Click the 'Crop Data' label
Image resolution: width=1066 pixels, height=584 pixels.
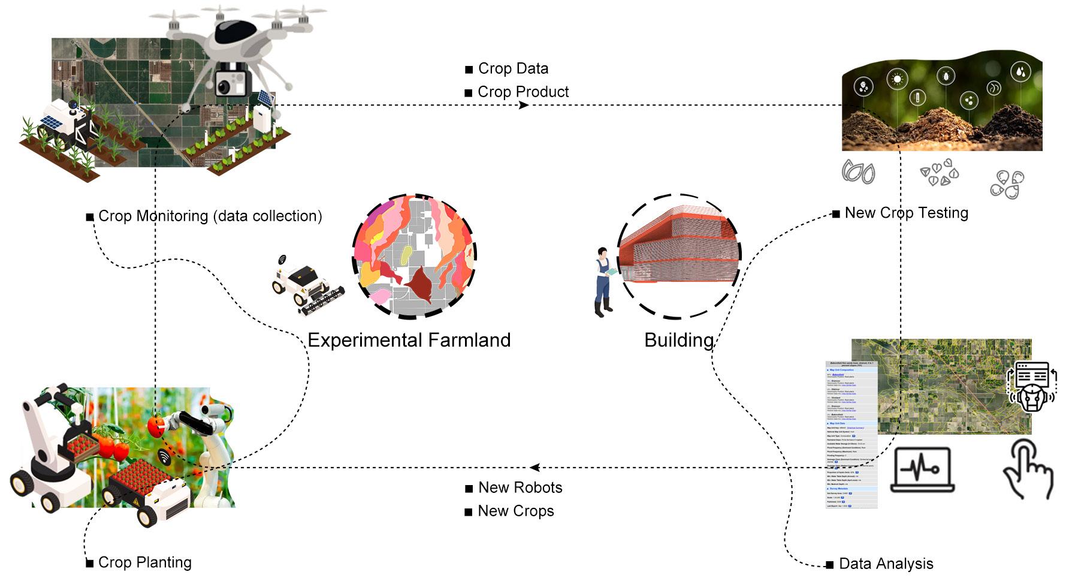513,68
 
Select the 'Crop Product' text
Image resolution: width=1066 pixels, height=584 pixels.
523,92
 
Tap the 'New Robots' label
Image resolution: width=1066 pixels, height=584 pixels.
520,487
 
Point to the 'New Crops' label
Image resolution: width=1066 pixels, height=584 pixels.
516,511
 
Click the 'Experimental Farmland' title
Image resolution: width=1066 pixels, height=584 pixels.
409,340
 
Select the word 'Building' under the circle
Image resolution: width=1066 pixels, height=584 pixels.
678,340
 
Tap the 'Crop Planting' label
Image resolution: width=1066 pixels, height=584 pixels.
144,562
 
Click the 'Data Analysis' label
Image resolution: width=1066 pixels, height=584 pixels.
886,564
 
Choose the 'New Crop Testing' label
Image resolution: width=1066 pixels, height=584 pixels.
906,213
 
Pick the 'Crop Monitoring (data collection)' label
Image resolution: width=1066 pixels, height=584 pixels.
210,216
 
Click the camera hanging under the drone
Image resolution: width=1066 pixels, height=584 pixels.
230,81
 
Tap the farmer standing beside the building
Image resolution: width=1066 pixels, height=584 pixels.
603,281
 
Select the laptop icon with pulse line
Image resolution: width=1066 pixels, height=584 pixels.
922,469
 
